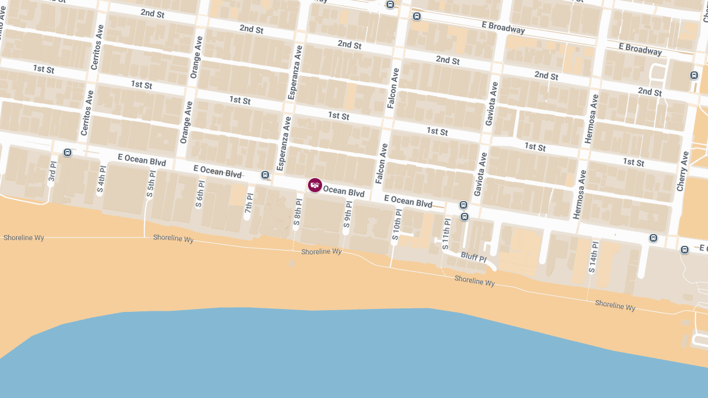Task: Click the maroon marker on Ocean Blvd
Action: pos(315,185)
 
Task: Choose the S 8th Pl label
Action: pos(298,213)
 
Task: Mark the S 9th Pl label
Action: pos(348,215)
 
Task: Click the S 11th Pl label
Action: pos(446,234)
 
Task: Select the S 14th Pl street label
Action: pos(592,257)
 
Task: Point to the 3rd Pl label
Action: pos(53,170)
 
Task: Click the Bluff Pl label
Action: pos(473,258)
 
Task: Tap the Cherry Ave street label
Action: pos(683,171)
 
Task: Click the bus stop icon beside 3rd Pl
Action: pos(67,152)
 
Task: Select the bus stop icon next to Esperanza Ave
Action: pos(265,175)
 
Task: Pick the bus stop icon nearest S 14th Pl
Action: pos(653,238)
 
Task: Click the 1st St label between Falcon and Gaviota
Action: pos(437,131)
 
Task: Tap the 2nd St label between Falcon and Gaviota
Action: pos(448,60)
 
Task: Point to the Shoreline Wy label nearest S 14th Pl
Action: pos(615,305)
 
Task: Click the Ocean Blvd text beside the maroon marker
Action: pos(343,192)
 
